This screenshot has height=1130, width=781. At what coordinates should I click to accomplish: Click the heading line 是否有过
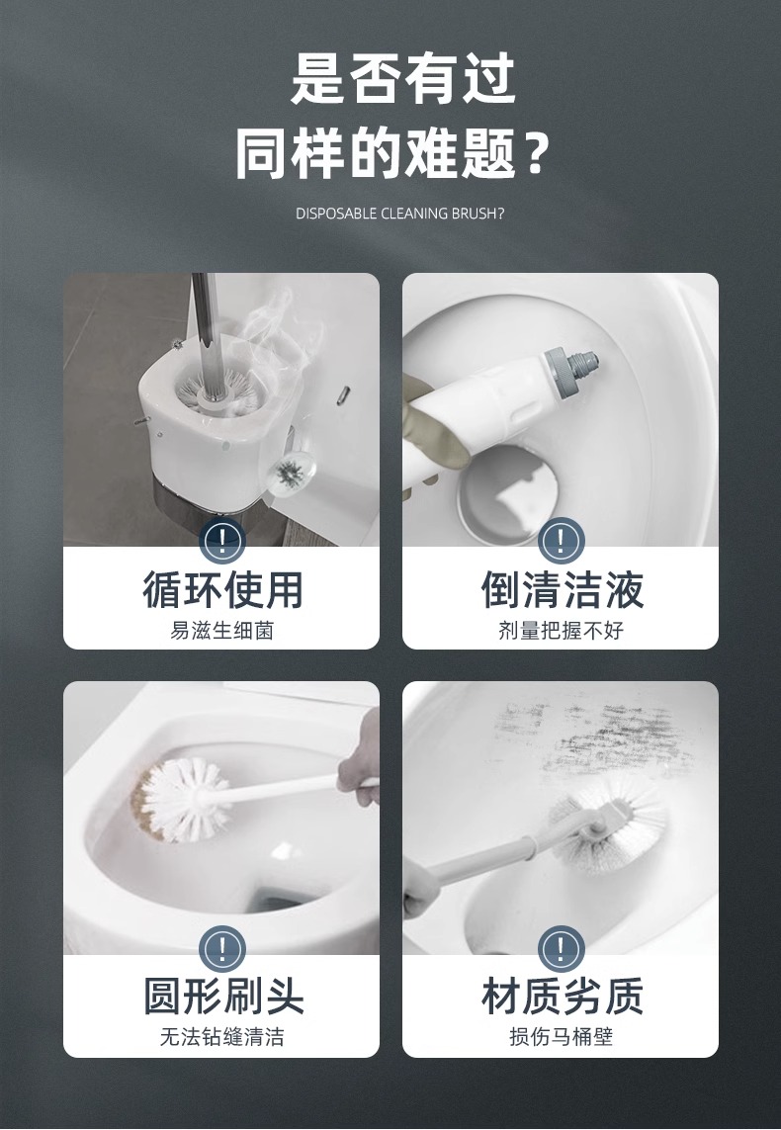tap(402, 79)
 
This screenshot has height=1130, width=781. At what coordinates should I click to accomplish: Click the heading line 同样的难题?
tap(390, 154)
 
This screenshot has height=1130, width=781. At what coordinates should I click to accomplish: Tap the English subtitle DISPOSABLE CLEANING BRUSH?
tap(400, 214)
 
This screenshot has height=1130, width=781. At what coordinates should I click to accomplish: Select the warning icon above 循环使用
tap(221, 541)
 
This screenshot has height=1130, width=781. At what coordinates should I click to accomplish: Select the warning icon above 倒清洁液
tap(561, 541)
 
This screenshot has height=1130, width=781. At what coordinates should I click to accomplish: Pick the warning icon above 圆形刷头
tap(221, 949)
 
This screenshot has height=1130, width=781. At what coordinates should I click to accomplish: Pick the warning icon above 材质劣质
tap(561, 949)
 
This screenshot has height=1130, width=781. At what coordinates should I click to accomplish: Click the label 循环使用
tap(221, 590)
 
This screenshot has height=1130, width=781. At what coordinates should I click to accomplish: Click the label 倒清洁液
tap(561, 590)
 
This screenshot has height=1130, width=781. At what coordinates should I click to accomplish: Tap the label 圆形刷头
tap(221, 996)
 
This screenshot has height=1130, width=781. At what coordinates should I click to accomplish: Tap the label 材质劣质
tap(561, 996)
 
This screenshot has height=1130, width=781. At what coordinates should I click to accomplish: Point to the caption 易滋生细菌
tap(221, 631)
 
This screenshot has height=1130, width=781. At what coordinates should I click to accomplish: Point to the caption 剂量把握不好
tap(561, 631)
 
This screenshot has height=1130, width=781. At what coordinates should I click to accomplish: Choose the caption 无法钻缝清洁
tap(221, 1037)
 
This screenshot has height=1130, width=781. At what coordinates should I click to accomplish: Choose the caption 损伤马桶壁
tap(561, 1037)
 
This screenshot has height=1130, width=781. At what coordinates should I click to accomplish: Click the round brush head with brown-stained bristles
tap(183, 798)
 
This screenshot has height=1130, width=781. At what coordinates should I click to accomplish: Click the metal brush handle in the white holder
tap(204, 326)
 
